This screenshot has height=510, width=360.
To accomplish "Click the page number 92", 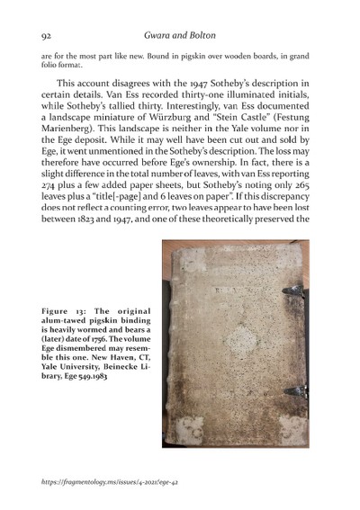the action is [x=44, y=34].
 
